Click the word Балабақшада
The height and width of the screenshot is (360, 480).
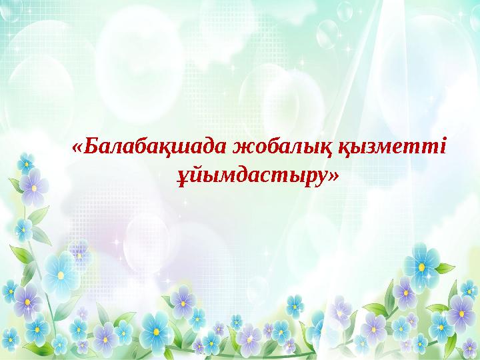tap(155, 147)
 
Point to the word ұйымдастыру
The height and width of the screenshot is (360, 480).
tap(251, 177)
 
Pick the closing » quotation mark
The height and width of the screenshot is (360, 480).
tap(333, 176)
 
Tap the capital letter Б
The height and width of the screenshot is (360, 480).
tap(91, 146)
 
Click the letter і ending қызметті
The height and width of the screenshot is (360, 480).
tap(441, 146)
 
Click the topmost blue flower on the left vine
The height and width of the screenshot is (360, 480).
tap(26, 163)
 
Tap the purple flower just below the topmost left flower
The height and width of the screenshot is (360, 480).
tap(34, 187)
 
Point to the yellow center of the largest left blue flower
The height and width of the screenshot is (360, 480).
tap(61, 275)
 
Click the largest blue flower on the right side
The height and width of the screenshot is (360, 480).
tap(421, 267)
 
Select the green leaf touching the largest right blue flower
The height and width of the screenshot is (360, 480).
tap(444, 269)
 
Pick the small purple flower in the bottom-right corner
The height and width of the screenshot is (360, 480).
tap(470, 348)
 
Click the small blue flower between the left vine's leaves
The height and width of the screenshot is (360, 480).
tap(23, 229)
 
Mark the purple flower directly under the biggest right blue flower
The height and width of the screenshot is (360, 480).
tap(405, 293)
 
